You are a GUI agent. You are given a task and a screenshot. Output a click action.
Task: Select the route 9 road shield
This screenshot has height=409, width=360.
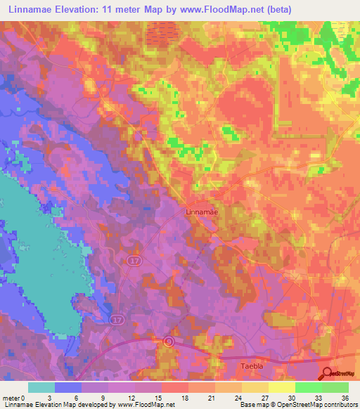[168, 342]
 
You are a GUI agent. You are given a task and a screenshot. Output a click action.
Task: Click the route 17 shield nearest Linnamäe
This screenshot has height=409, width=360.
[134, 260]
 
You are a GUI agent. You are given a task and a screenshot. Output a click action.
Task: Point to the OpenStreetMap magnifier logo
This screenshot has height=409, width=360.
[329, 375]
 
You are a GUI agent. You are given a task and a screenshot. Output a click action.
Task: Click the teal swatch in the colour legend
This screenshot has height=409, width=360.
[41, 387]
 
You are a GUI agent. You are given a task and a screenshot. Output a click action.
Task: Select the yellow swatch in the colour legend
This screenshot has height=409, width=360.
[281, 387]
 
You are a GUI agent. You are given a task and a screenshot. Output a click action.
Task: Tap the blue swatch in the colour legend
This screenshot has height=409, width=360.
[68, 387]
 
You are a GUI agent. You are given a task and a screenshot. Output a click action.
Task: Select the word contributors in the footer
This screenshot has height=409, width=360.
[337, 404]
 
